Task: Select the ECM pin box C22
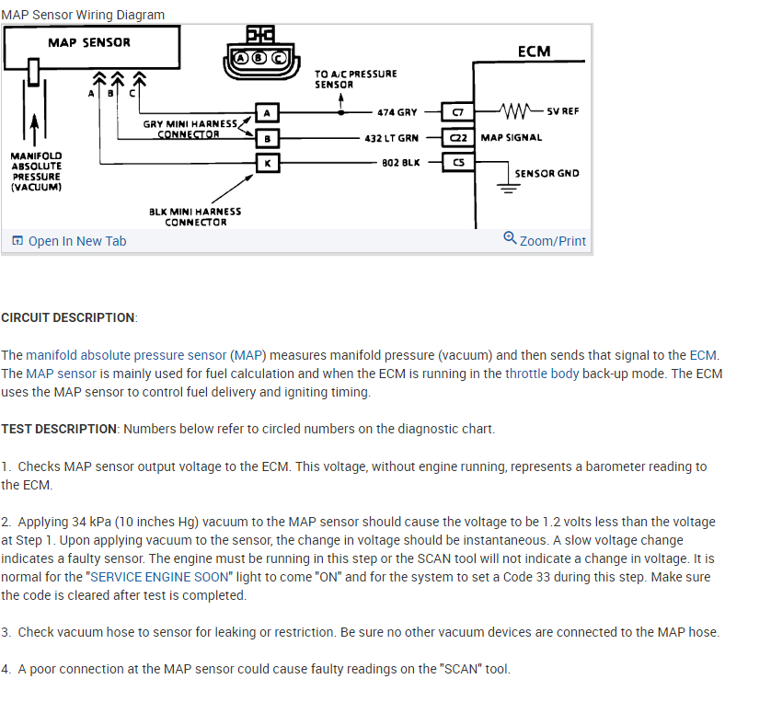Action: click(458, 138)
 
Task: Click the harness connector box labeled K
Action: click(266, 163)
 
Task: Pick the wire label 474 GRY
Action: click(397, 112)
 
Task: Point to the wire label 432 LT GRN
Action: click(392, 138)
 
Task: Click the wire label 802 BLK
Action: click(400, 163)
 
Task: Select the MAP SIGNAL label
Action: click(512, 138)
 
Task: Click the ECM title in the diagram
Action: click(534, 52)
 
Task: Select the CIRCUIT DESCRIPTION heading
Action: click(69, 317)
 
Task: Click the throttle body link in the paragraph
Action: click(542, 374)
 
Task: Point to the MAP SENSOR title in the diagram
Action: click(89, 42)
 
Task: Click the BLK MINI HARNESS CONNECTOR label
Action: click(195, 216)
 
